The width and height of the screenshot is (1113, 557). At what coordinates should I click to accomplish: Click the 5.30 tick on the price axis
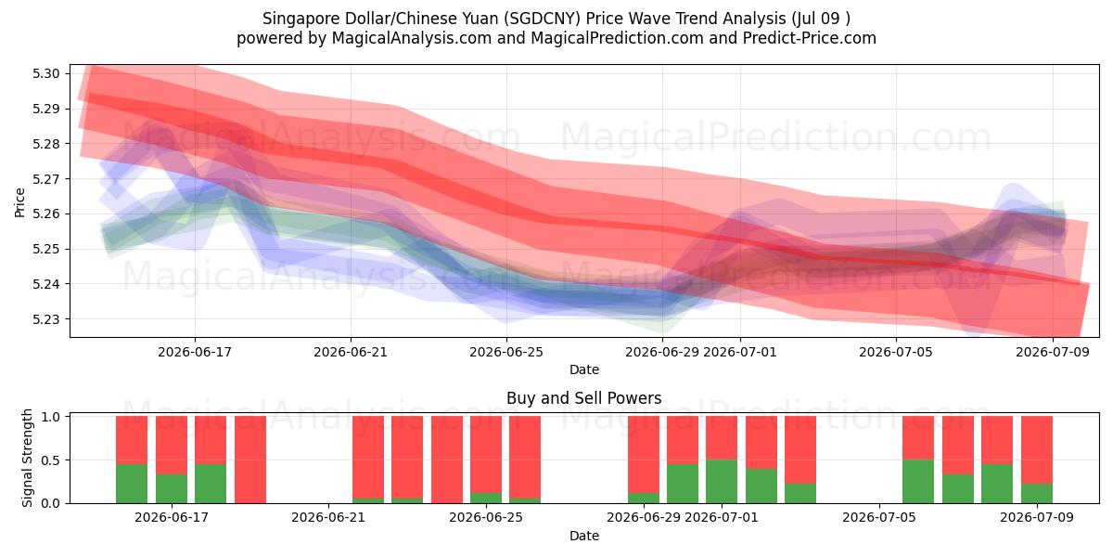45,74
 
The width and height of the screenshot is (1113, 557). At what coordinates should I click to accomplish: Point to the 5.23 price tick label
45,319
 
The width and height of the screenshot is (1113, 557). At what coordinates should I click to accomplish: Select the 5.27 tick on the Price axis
45,179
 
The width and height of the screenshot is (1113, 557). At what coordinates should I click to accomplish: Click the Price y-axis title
19,202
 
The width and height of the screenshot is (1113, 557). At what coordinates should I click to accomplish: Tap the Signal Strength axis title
27,458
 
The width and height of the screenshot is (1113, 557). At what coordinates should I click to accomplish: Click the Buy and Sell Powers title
583,398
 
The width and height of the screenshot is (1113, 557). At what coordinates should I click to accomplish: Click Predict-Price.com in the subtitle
810,38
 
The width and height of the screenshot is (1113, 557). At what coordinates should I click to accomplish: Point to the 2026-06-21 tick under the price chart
351,352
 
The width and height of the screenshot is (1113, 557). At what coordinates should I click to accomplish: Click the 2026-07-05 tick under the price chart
896,352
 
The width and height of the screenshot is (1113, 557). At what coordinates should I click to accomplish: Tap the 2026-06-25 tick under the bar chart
486,517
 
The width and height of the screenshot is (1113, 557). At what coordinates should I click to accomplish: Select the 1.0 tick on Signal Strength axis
50,417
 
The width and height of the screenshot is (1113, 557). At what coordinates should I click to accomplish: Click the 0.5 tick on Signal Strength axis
50,460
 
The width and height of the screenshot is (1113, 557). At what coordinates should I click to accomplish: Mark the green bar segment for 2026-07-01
722,482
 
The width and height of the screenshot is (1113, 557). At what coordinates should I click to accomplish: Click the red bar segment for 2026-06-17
171,445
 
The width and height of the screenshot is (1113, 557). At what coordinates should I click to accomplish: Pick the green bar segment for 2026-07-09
1037,493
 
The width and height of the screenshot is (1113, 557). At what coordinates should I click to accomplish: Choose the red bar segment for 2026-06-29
644,455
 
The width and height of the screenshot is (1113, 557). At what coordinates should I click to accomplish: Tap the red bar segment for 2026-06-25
486,455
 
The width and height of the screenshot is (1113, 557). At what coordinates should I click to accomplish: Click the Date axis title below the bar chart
583,537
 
